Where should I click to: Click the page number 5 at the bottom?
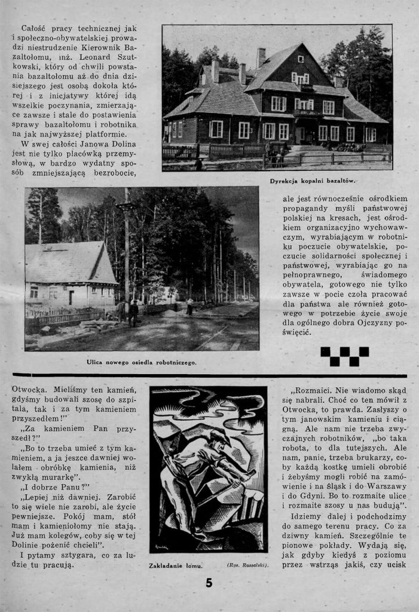point(209,583)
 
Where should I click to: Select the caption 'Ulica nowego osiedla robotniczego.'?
point(141,362)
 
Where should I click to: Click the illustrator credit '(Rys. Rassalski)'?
point(247,564)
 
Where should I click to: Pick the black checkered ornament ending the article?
point(344,356)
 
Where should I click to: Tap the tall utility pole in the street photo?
point(127,251)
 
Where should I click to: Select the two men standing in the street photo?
point(129,312)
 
